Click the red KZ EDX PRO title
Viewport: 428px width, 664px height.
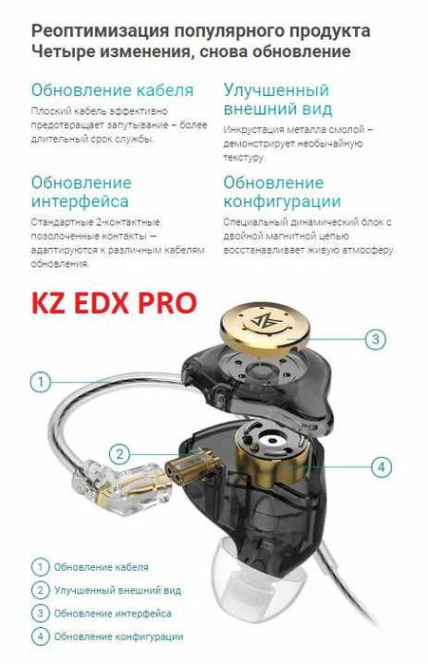(x=114, y=302)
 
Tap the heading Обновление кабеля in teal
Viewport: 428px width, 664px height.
(x=112, y=90)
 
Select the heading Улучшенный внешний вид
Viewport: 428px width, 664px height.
(x=276, y=99)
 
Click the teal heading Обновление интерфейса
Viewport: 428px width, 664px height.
(x=81, y=191)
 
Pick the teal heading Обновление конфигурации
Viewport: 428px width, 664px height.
(x=282, y=191)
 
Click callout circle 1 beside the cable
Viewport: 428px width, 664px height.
(x=40, y=382)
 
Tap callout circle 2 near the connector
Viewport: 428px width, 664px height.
(x=119, y=454)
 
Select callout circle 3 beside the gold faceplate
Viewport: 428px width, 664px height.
(x=376, y=338)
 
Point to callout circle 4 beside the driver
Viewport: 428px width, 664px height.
(x=381, y=466)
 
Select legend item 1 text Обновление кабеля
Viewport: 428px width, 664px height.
(x=101, y=567)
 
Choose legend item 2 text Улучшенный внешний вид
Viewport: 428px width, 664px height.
(x=117, y=590)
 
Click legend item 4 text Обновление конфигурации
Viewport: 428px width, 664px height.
(x=119, y=636)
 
